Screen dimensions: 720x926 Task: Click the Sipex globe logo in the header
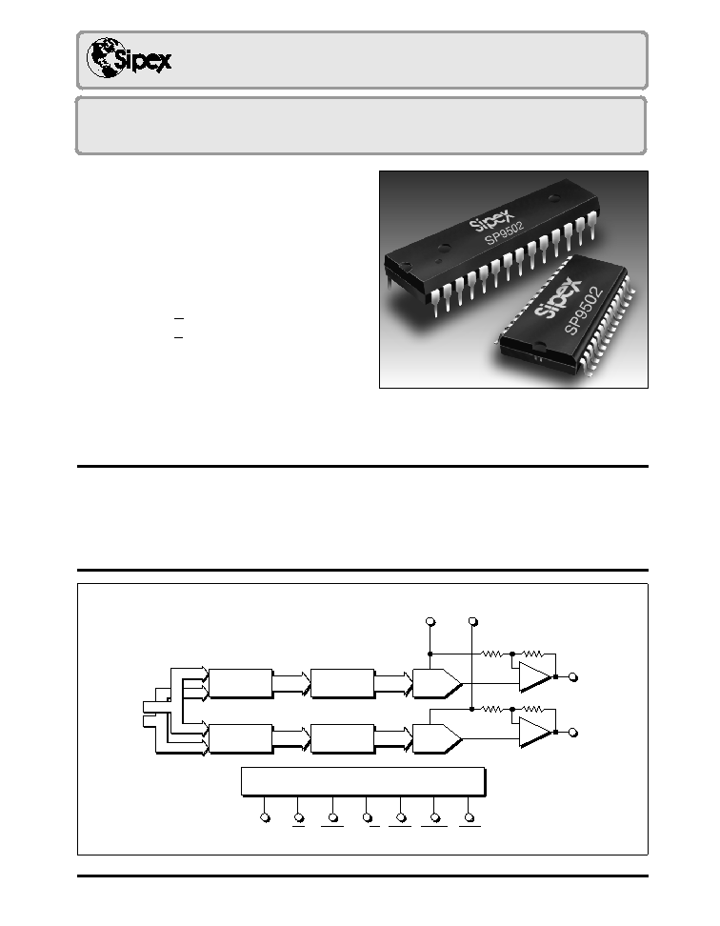[129, 58]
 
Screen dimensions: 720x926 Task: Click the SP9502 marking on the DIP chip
[505, 232]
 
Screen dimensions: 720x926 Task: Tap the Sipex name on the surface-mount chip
[558, 301]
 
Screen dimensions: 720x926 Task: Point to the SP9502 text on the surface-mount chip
[584, 311]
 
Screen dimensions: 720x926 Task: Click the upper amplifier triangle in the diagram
[534, 676]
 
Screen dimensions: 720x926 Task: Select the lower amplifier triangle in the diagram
[534, 733]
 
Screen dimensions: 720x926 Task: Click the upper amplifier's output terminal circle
[572, 677]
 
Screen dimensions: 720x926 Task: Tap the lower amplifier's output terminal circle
[572, 733]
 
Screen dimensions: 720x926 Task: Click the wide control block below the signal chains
[364, 782]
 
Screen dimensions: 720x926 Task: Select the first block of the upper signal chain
[241, 683]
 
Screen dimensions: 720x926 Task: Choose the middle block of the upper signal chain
[342, 683]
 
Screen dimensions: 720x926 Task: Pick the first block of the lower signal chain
[241, 738]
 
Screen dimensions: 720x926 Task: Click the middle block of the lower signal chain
[342, 738]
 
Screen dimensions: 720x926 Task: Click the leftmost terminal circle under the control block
[265, 818]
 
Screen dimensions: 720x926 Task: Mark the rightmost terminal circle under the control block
[470, 818]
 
